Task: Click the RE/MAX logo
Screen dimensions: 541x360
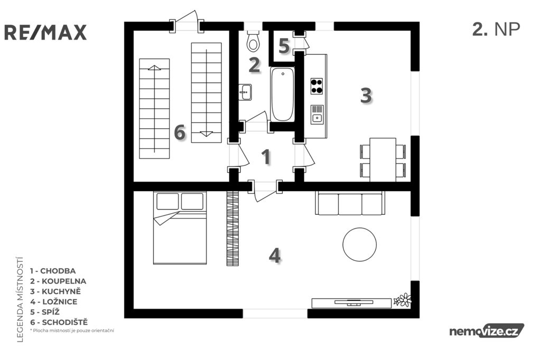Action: point(45,32)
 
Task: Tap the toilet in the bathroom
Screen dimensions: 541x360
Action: point(254,41)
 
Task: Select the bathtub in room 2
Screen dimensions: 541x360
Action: point(282,94)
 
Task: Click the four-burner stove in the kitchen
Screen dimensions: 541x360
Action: point(316,86)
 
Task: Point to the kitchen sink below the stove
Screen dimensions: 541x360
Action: point(317,115)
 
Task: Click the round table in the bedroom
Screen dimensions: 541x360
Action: point(359,244)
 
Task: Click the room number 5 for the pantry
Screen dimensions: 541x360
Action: point(284,46)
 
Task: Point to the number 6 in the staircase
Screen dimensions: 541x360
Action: point(180,132)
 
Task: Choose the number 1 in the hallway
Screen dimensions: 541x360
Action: point(266,157)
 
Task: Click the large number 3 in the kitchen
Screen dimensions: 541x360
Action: point(366,95)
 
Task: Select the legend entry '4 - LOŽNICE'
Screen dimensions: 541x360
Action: point(53,302)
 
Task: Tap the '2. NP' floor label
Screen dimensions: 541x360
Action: point(496,30)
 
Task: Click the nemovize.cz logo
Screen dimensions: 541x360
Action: point(487,331)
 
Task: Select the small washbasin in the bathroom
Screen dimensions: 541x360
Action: point(245,92)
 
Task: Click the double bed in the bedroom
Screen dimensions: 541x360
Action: point(180,228)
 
